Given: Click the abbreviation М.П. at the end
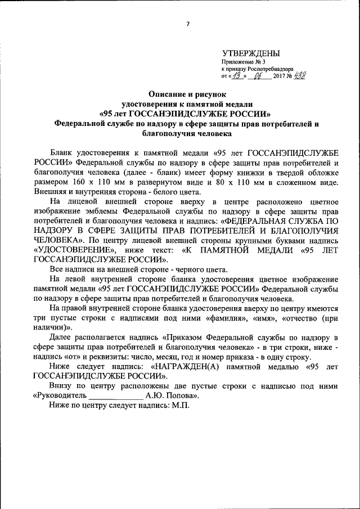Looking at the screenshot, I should (181, 406).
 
